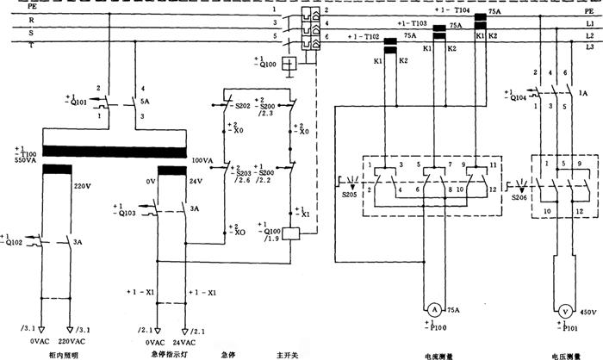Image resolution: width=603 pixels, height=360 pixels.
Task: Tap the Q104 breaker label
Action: click(x=513, y=99)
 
